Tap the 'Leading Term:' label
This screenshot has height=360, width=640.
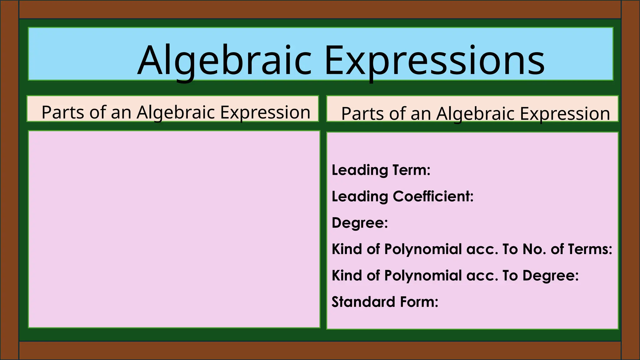(381, 170)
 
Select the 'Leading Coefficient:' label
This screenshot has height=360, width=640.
(402, 197)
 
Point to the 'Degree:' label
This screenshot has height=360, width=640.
(360, 223)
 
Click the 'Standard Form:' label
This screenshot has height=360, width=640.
(385, 302)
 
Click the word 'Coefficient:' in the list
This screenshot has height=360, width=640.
(433, 197)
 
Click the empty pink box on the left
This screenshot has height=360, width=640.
(174, 229)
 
